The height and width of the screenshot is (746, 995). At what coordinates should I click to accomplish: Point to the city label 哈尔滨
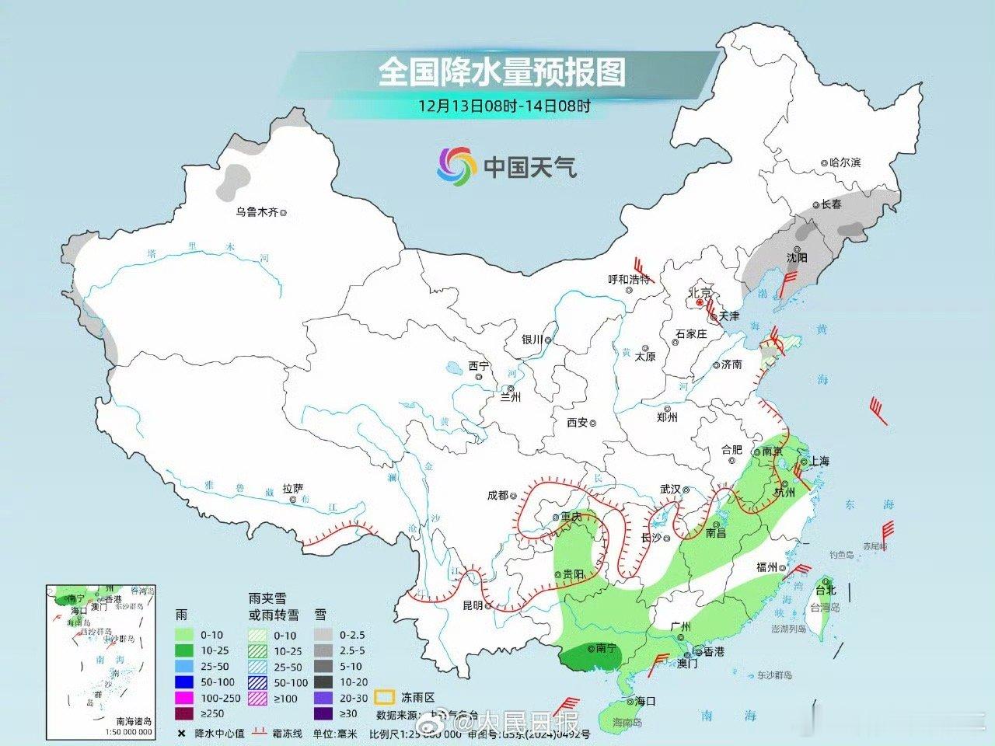coord(846,163)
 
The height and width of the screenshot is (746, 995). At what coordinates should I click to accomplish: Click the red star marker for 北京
coord(700,304)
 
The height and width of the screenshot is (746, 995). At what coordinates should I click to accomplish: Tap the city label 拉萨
coord(293,489)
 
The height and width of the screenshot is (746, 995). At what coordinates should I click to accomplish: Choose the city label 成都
coord(497,495)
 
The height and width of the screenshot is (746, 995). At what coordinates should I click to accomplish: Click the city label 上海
coord(819,461)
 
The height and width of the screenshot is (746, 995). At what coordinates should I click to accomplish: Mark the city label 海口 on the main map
coord(645,701)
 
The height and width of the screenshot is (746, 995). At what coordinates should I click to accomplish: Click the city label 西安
coord(578,423)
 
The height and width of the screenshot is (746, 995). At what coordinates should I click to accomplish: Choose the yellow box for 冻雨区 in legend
coord(384,696)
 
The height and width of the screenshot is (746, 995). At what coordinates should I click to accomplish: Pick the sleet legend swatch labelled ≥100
coord(257,698)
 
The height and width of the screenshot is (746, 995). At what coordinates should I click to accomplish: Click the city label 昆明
coord(473,605)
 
